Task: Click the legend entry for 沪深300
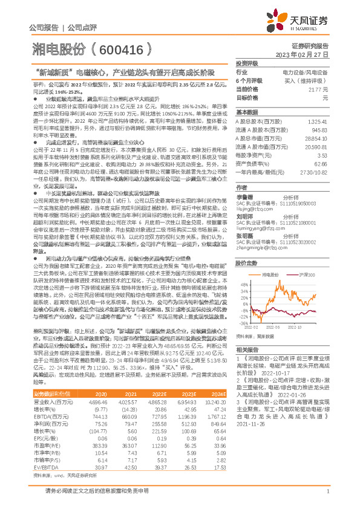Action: tap(309, 257)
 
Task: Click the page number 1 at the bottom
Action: tap(327, 495)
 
